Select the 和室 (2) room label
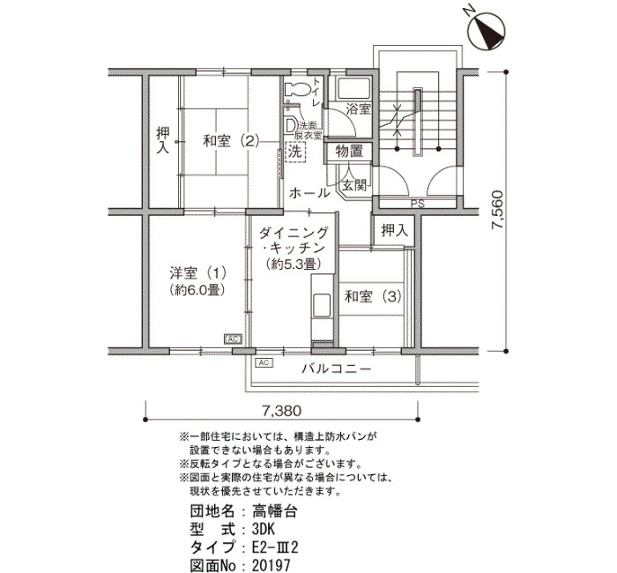click(231, 140)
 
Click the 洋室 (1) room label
click(197, 272)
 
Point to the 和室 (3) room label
click(373, 296)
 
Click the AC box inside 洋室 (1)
click(233, 339)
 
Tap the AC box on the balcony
click(264, 362)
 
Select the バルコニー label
click(337, 368)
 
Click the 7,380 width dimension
click(282, 411)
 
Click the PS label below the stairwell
click(418, 204)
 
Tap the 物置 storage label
click(349, 151)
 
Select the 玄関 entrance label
click(354, 184)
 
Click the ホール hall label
click(309, 193)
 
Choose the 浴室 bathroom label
click(358, 109)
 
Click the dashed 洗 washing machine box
click(294, 152)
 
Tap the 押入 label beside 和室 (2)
click(162, 139)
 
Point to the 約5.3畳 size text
click(292, 264)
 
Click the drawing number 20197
click(271, 565)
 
